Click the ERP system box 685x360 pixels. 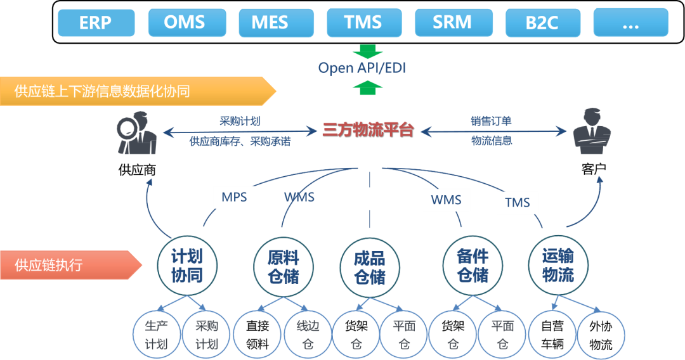pos(95,23)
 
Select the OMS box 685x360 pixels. pos(185,23)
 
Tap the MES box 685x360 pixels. pos(274,23)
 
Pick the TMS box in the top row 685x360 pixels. pos(363,23)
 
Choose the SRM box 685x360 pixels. pos(452,23)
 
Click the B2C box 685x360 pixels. pos(542,23)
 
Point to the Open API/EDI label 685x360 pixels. pos(362,68)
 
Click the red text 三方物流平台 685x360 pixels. pos(368,131)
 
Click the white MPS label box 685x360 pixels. pos(234,197)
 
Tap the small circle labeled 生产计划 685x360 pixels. pos(156,335)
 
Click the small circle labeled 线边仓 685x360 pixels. pos(308,335)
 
